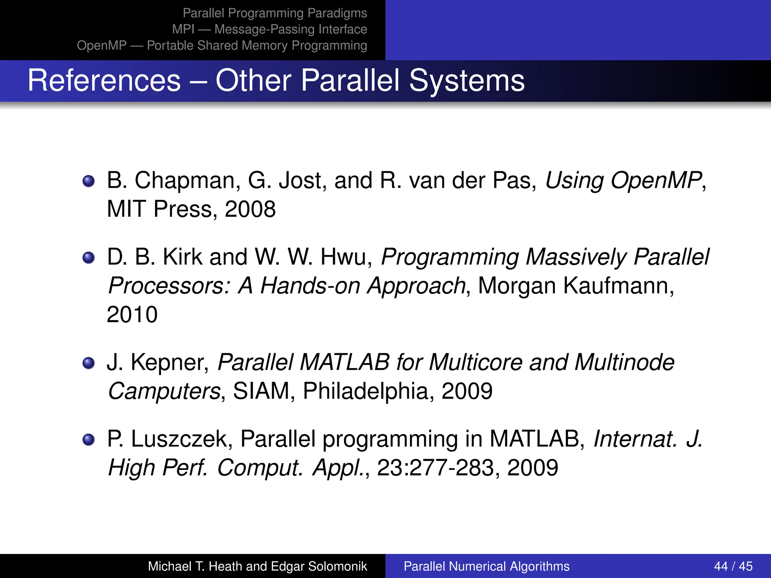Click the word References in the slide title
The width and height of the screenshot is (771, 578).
pos(104,81)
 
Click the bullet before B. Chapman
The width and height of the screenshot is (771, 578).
pos(88,181)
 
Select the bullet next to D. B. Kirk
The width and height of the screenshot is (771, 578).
pos(88,258)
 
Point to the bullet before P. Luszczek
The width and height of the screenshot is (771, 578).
pos(88,440)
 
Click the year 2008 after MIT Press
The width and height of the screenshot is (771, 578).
pos(250,209)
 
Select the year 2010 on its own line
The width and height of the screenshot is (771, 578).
pos(132,315)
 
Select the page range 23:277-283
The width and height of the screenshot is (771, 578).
pos(435,468)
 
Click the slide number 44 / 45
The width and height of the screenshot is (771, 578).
pos(733,566)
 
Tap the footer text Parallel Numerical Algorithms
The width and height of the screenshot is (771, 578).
pos(486,566)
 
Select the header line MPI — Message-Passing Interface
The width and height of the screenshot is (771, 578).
pos(270,29)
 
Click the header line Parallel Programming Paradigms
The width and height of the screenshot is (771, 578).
pos(275,13)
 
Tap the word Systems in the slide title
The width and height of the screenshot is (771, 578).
pos(467,81)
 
